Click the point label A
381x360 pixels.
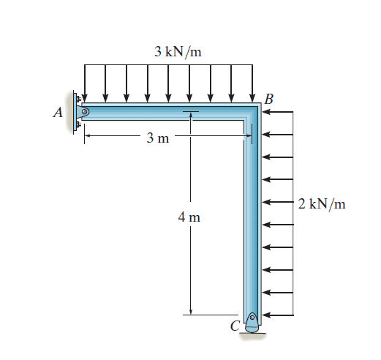(x=58, y=113)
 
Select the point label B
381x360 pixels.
(x=269, y=99)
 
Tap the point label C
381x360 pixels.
(x=235, y=326)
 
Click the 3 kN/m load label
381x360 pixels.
(x=178, y=52)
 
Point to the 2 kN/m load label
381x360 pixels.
(x=322, y=204)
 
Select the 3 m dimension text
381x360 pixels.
(x=158, y=138)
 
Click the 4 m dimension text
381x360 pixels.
(x=189, y=217)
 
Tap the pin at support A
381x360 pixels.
(x=85, y=112)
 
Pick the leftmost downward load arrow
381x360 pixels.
(x=84, y=83)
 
